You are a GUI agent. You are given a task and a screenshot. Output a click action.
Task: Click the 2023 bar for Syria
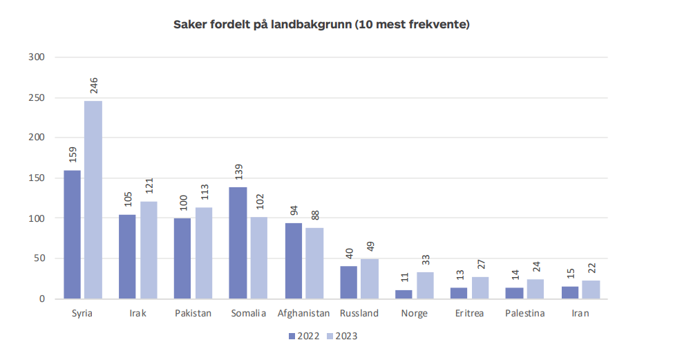[93, 200]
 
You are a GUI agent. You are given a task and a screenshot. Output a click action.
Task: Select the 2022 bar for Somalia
[238, 243]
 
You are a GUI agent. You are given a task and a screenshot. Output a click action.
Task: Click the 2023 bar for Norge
[425, 285]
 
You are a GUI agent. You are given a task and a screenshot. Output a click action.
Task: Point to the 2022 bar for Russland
[349, 283]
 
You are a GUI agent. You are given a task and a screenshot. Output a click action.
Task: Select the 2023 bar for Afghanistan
[314, 263]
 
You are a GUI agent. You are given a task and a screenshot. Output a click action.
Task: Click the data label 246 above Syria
[94, 86]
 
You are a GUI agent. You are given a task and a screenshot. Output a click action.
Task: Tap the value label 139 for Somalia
[238, 172]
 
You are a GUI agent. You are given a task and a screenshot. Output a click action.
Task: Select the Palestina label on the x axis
[524, 314]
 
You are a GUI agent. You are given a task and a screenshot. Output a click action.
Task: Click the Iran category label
[580, 314]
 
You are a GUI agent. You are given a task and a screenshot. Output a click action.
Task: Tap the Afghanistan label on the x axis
[303, 314]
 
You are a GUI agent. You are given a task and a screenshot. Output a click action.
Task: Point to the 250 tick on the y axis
[36, 97]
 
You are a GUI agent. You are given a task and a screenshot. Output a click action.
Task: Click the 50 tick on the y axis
[39, 258]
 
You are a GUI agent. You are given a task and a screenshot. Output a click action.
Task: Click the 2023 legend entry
[342, 337]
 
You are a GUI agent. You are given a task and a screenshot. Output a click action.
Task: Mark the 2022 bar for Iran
[570, 292]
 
